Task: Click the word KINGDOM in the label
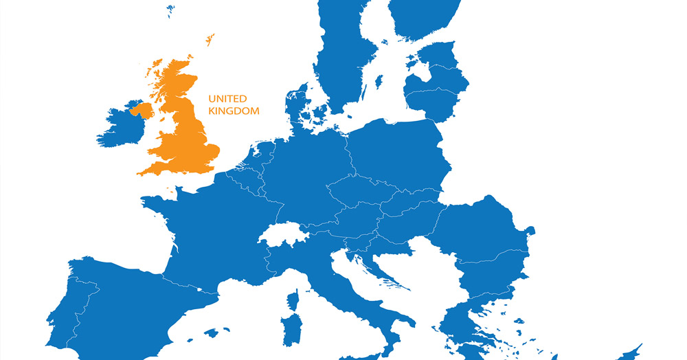tap(234, 111)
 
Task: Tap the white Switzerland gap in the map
tap(282, 234)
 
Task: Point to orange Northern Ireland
tap(142, 110)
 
